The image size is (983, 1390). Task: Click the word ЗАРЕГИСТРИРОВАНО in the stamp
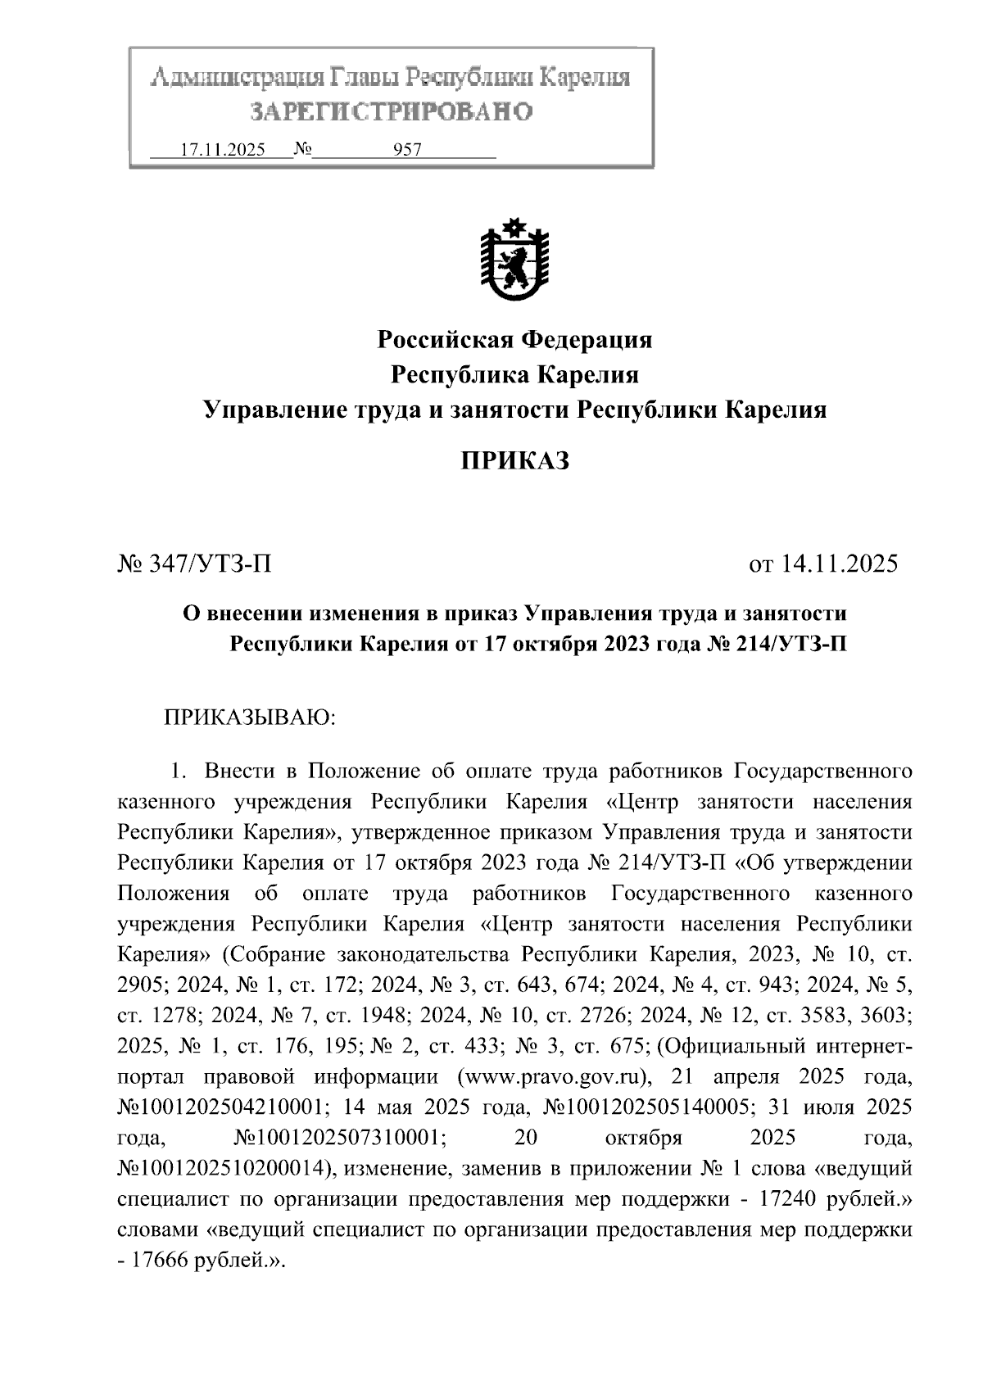tap(391, 111)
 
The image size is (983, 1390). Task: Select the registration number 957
tap(407, 150)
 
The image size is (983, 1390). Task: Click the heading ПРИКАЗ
tap(514, 461)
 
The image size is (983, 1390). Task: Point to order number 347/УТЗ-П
tap(209, 564)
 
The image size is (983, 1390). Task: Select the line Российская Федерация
tap(514, 339)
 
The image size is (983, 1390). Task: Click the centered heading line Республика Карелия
tap(514, 375)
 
